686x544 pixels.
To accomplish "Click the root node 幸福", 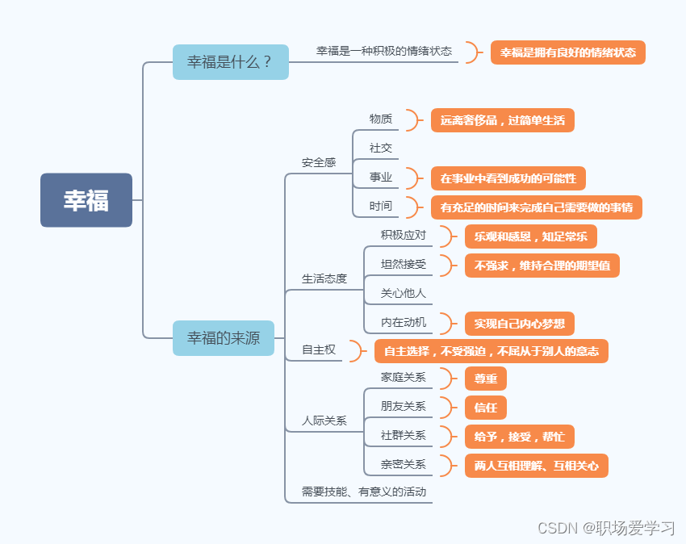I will pos(86,200).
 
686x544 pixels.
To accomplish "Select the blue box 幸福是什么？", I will pos(230,62).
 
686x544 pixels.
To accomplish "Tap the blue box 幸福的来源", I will pos(224,338).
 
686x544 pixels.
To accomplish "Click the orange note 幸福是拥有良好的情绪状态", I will pos(568,52).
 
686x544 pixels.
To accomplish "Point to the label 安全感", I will pos(319,162).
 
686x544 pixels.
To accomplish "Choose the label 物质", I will pos(381,119).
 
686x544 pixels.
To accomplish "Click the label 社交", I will pos(381,148).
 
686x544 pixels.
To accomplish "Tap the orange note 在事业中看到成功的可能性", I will pos(508,178).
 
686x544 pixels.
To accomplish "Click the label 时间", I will pos(381,206).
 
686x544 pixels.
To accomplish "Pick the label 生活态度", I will pos(324,278).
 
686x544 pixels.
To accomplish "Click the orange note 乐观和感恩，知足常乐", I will pos(531,236).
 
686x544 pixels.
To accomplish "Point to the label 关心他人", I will pos(404,293).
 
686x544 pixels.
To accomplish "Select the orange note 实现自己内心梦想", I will pos(520,324).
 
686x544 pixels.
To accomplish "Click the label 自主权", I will pos(319,349).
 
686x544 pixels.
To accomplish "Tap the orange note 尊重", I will pos(486,379).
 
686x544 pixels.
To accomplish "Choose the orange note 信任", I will pos(486,408).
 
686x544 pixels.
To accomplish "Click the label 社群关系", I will pos(404,436).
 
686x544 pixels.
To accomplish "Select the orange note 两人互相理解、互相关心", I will pos(537,466).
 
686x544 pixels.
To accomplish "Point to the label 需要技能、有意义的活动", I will pos(364,491).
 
